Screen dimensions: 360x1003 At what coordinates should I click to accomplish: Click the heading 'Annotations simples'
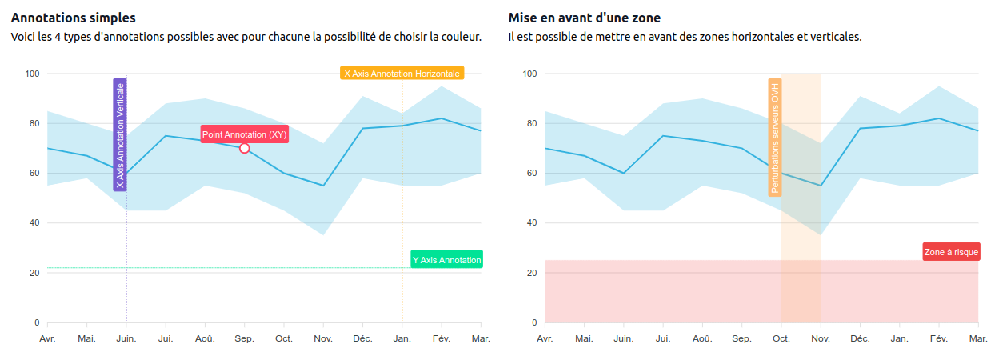tap(74, 18)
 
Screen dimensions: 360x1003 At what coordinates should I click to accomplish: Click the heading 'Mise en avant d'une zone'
tap(584, 18)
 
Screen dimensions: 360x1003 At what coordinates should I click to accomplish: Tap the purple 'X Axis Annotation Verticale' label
tap(120, 134)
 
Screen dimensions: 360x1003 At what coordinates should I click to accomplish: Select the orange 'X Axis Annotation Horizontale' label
tap(402, 74)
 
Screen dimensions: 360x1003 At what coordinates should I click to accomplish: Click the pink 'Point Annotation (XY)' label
tap(244, 134)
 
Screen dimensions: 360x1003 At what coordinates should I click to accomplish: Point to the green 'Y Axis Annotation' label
tap(446, 259)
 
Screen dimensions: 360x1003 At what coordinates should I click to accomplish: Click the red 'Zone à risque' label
tap(951, 252)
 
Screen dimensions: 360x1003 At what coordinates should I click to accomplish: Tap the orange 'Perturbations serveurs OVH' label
tap(775, 137)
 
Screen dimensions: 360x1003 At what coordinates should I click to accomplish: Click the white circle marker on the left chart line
tap(244, 148)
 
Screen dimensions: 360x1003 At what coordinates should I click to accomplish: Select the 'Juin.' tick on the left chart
tap(126, 339)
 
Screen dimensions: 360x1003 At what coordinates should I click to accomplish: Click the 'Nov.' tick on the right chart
tap(821, 339)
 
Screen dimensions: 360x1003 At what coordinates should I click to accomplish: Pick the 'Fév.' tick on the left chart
tap(441, 339)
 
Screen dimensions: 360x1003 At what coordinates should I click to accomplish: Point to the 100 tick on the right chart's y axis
tap(529, 74)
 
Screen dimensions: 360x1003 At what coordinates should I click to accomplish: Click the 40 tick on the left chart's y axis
tap(34, 223)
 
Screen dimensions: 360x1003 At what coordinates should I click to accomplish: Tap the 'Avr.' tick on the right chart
tap(545, 339)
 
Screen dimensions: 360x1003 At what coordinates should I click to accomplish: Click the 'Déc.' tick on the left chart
tap(362, 339)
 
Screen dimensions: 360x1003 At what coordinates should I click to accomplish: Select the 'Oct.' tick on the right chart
tap(781, 339)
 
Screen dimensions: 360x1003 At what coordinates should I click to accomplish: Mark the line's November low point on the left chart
tap(323, 186)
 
